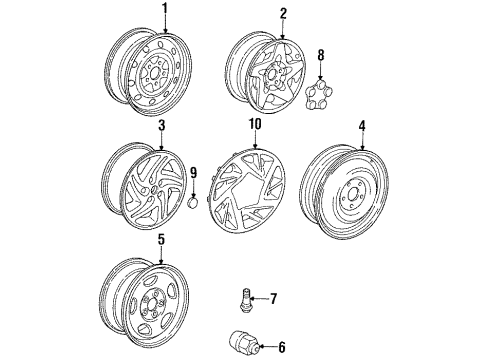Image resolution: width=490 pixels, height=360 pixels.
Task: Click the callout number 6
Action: click(282, 347)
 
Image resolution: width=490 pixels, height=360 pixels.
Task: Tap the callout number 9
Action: click(193, 173)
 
